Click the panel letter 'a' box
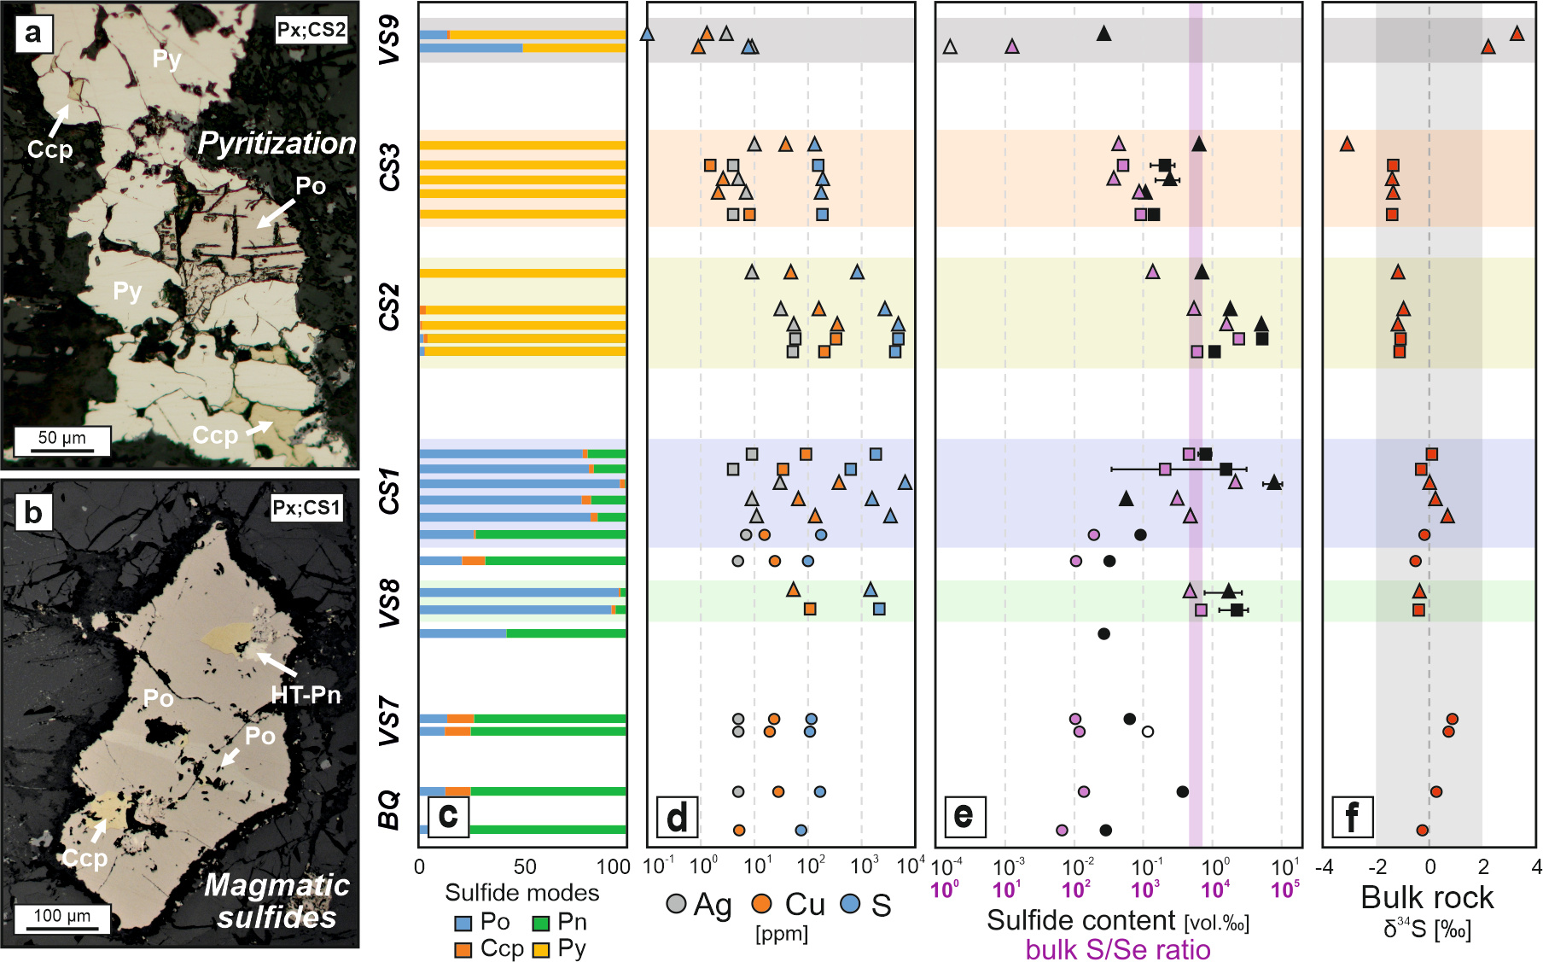tap(33, 34)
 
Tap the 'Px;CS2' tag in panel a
tap(311, 31)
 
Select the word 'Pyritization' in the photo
tap(277, 143)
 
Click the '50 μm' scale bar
tap(62, 440)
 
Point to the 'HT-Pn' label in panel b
tap(306, 696)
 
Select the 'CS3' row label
tap(389, 168)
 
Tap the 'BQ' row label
tap(389, 809)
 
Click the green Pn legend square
tap(540, 924)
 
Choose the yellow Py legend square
tap(540, 950)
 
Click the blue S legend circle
tap(850, 904)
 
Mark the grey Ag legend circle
tap(676, 904)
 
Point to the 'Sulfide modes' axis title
tap(522, 893)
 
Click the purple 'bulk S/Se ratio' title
tap(1118, 949)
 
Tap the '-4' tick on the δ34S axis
tap(1325, 867)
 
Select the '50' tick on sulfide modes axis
tap(525, 867)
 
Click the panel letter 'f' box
tap(1353, 817)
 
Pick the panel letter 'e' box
tap(964, 817)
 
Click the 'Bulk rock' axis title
tap(1427, 898)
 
